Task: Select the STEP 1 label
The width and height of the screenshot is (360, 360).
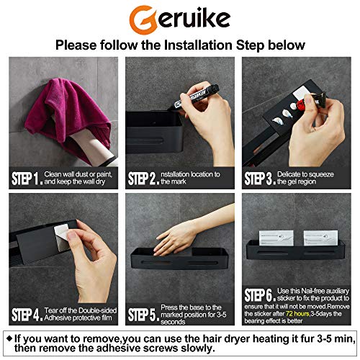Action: tap(27, 179)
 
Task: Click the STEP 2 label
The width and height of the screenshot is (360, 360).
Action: tap(143, 179)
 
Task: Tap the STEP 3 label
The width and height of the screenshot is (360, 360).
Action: tap(260, 179)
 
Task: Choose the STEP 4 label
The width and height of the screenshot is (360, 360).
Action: tap(27, 315)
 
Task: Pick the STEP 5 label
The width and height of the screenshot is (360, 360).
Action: tap(143, 315)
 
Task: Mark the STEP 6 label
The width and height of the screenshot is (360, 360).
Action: tap(260, 295)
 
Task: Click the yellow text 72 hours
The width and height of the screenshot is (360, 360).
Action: tap(297, 314)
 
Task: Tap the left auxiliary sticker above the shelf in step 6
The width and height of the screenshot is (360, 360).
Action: tap(276, 238)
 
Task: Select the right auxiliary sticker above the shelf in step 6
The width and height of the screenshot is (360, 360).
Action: tap(320, 238)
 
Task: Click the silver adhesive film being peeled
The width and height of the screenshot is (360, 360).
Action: tap(63, 238)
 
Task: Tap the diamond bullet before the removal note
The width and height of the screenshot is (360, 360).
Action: tap(9, 338)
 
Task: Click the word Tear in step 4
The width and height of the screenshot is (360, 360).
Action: tap(51, 310)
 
